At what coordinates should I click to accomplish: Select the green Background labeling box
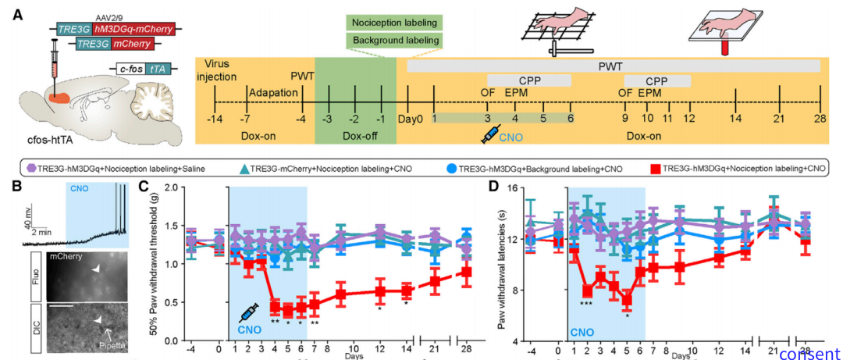394,40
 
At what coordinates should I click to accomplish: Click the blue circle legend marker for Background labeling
451,168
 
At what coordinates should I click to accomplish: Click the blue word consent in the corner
808,353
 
